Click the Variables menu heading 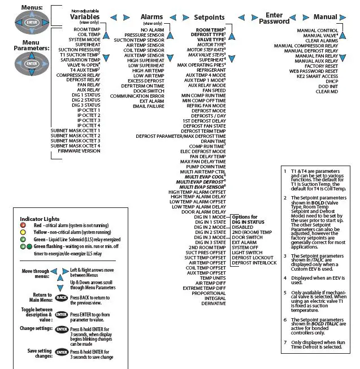point(85,17)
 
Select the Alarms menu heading point(151,18)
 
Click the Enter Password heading point(274,18)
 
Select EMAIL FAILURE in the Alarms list point(148,106)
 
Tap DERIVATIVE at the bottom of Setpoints point(210,303)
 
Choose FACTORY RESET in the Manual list point(322,66)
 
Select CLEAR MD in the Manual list point(327,92)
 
